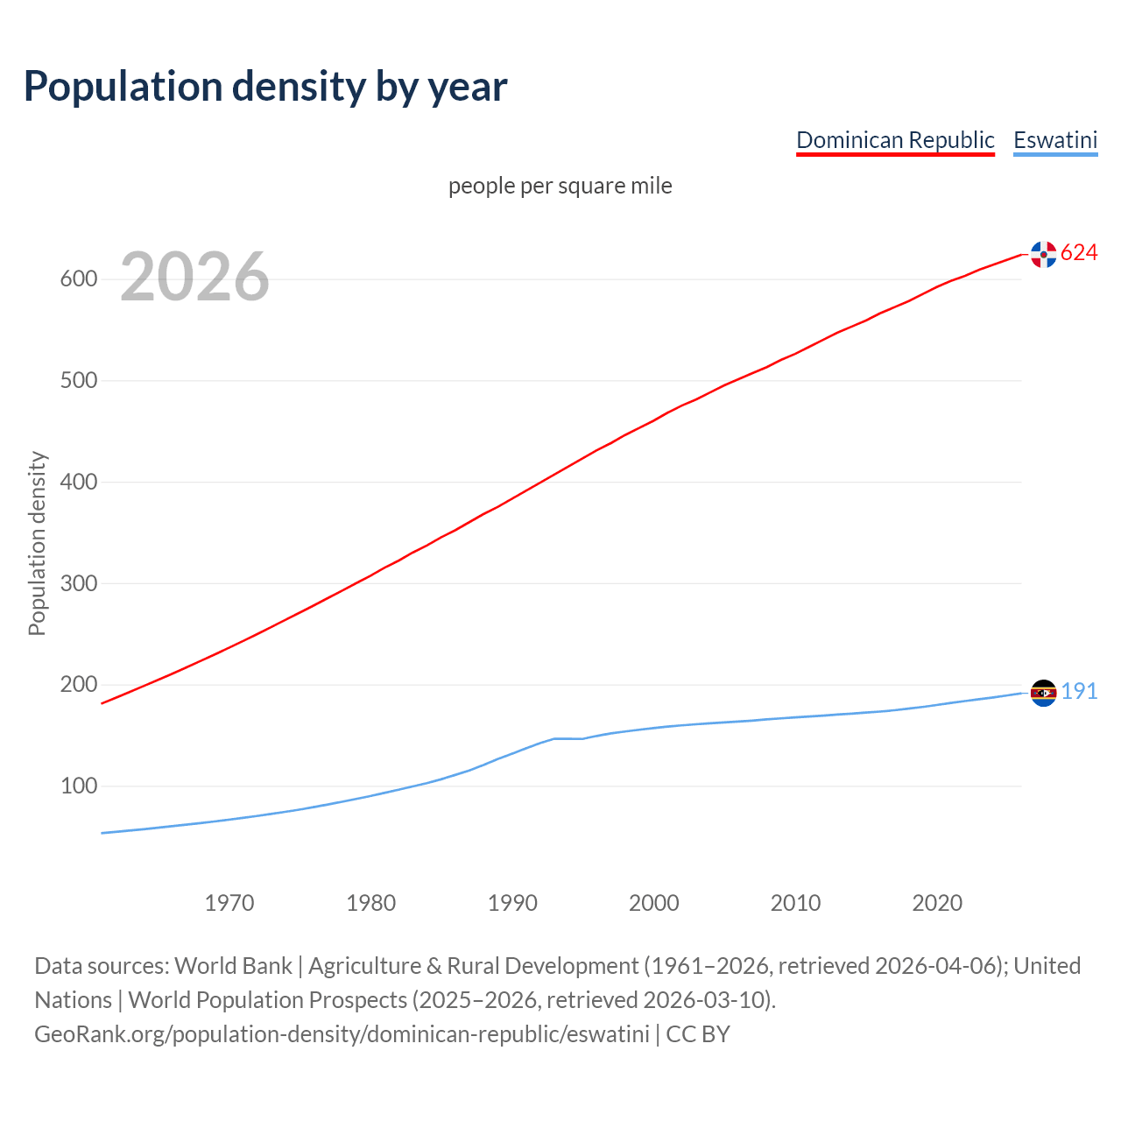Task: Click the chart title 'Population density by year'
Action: pos(265,86)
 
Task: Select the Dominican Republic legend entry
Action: pos(895,140)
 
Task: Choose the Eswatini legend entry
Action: pos(1055,140)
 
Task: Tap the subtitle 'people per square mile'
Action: pos(560,186)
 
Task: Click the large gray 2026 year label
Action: pos(194,277)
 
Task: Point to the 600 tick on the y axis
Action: pos(78,279)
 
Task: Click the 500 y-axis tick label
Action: pos(78,381)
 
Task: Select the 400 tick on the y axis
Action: pos(78,482)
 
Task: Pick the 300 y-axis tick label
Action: pos(78,583)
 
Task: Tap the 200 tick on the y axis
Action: pos(78,685)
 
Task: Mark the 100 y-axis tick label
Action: pos(78,786)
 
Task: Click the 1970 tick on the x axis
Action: pos(229,903)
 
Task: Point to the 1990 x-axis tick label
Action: pos(512,903)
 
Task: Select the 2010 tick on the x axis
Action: pos(795,903)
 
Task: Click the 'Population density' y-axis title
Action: pos(37,543)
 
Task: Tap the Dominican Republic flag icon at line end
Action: pos(1043,254)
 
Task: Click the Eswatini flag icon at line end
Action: pos(1043,693)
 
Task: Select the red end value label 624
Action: pos(1079,253)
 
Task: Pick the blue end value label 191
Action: pos(1079,692)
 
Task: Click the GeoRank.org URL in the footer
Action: pos(342,1034)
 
